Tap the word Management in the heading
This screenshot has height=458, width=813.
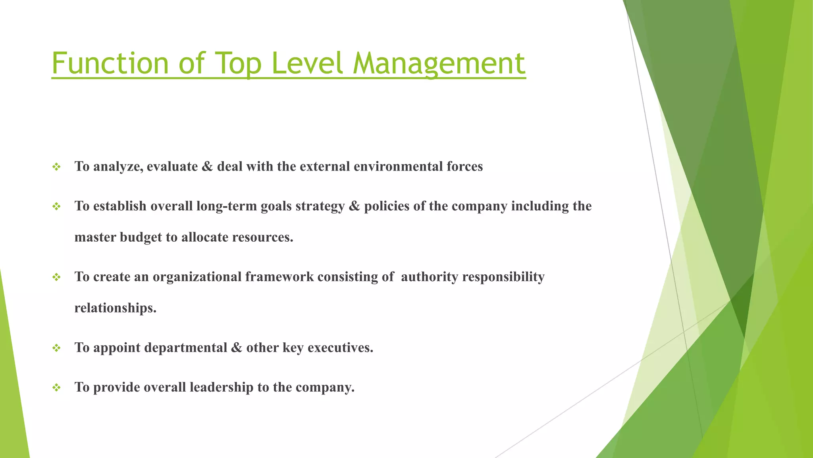[439, 64]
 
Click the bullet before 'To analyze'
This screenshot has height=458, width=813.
[56, 167]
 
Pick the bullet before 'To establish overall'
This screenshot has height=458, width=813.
[56, 207]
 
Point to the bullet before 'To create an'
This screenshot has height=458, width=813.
[56, 277]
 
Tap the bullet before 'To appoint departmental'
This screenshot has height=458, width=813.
[56, 348]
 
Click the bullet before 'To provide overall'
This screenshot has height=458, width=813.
[56, 388]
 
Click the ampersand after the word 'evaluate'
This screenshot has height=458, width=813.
[207, 166]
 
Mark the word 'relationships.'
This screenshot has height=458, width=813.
[116, 308]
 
